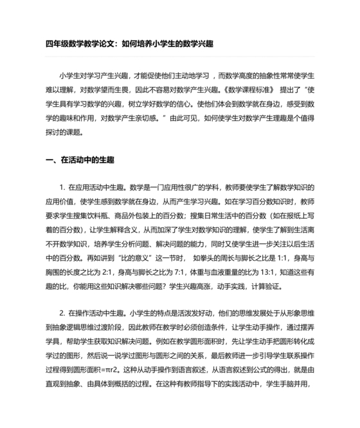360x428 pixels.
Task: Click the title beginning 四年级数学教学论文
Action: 129,44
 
